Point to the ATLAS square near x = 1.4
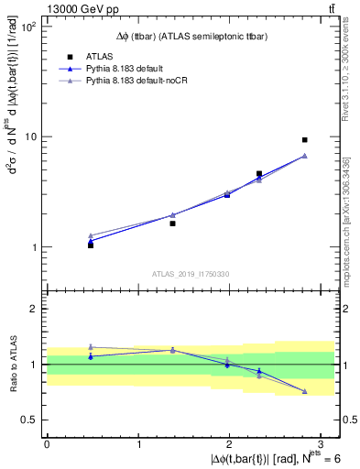(172, 223)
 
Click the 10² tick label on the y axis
(27, 27)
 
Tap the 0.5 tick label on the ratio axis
(29, 420)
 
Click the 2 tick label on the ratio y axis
(33, 309)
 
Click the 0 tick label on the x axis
(47, 444)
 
